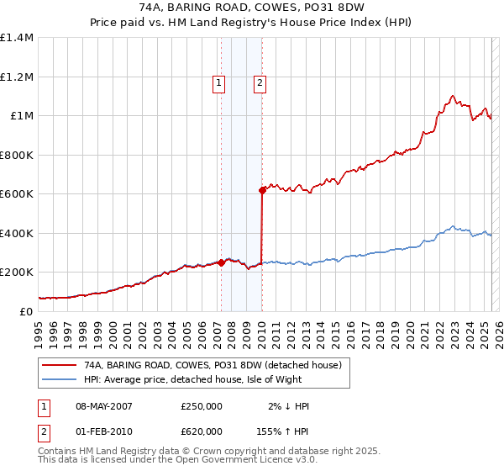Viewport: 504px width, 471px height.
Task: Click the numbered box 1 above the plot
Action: pyautogui.click(x=218, y=82)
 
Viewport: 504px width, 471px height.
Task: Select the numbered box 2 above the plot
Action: pyautogui.click(x=260, y=82)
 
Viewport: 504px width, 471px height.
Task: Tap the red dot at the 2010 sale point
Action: pyautogui.click(x=262, y=190)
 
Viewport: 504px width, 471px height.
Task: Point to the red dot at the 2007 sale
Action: pyautogui.click(x=221, y=262)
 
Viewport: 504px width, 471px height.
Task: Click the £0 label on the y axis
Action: pyautogui.click(x=25, y=311)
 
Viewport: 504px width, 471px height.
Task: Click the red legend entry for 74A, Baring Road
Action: pyautogui.click(x=213, y=366)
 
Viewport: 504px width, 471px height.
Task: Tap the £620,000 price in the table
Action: pyautogui.click(x=201, y=431)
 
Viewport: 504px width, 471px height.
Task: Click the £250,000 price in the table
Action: pyautogui.click(x=201, y=406)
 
